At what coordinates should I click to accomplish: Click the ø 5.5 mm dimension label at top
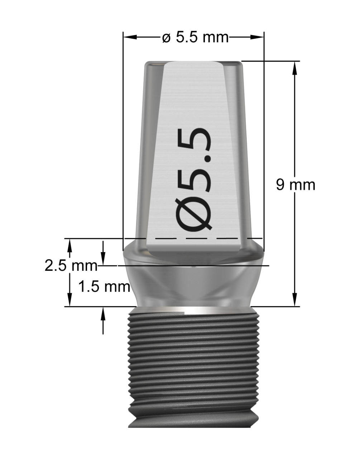[195, 37]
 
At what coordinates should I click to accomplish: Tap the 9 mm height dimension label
[296, 185]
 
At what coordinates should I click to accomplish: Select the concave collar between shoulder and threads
[193, 287]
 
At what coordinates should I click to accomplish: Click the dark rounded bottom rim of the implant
[193, 423]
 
